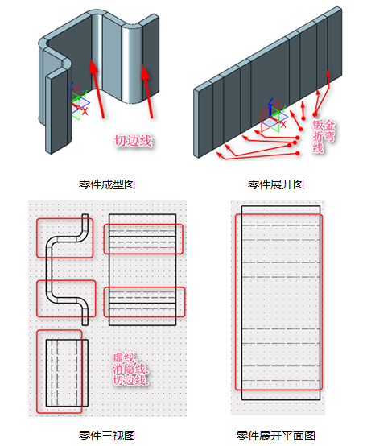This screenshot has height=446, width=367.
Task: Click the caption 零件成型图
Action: click(107, 184)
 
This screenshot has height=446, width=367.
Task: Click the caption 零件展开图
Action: click(276, 184)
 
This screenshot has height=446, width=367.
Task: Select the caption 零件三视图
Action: click(107, 436)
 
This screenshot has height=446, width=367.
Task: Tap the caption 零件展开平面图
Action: click(276, 436)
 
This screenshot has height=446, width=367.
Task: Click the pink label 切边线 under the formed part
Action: click(134, 141)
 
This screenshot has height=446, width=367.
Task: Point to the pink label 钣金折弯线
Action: click(324, 136)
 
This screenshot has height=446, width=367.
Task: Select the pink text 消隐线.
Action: click(130, 369)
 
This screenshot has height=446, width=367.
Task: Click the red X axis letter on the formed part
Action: click(85, 111)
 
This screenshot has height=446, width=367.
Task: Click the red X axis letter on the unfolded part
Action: click(283, 124)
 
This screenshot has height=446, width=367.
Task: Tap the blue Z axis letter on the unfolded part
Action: click(270, 101)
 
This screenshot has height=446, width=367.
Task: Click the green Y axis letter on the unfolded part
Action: click(283, 109)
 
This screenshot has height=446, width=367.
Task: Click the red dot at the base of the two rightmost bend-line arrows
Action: click(315, 114)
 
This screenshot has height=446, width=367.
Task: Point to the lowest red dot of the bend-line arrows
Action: click(297, 153)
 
